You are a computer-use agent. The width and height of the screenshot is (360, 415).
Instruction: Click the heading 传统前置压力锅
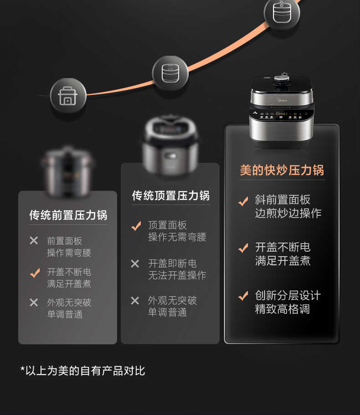(x=68, y=215)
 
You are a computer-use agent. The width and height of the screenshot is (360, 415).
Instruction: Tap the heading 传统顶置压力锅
(x=170, y=196)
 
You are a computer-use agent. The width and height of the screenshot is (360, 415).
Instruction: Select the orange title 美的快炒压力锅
(x=282, y=170)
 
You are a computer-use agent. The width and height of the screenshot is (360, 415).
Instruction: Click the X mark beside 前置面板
(x=34, y=240)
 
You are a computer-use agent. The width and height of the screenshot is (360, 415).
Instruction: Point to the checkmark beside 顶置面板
(x=136, y=226)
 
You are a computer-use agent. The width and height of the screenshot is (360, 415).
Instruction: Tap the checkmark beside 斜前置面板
(x=243, y=201)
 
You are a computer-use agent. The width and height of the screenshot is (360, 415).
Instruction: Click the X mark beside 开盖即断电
(x=135, y=264)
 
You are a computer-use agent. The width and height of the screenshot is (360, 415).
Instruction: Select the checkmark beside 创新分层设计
(x=243, y=296)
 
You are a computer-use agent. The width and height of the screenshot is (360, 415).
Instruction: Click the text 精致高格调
(x=282, y=309)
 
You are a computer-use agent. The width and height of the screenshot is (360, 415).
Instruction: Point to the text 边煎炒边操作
(x=288, y=213)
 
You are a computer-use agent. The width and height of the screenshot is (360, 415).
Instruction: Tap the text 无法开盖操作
(x=177, y=275)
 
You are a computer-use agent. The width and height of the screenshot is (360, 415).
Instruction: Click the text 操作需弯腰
(x=69, y=253)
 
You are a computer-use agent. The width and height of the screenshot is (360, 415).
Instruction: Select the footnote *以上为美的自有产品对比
(x=82, y=370)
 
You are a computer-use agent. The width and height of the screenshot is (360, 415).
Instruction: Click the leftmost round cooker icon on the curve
(x=68, y=96)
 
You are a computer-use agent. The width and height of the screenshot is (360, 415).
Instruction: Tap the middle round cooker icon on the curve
(x=170, y=73)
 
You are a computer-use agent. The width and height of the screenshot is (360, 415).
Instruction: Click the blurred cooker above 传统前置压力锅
(x=67, y=169)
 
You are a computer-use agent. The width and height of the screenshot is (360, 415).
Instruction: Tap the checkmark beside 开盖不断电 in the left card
(x=35, y=273)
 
